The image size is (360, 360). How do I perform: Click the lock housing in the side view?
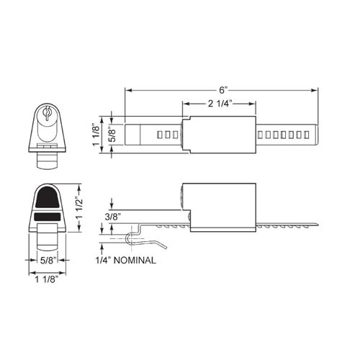[219, 206]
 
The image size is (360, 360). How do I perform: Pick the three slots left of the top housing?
[166, 134]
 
